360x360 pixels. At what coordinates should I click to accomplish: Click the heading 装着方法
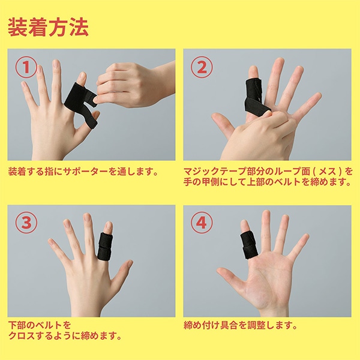pos(48,27)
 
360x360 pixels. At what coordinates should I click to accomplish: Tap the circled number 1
pos(26,67)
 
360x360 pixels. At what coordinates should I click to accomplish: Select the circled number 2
pos(202,67)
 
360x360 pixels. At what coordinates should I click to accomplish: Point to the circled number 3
pos(26,223)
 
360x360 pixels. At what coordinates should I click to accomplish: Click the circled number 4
pos(202,223)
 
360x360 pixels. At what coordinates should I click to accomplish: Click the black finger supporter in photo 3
pos(104,247)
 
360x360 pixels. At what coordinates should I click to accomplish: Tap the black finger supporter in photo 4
pos(249,245)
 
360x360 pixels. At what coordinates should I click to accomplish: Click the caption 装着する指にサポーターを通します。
pos(83,172)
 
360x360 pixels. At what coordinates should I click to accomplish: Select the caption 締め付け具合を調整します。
pos(241,325)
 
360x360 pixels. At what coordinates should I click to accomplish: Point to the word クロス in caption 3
pos(22,335)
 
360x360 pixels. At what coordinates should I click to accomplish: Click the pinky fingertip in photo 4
pos(306,237)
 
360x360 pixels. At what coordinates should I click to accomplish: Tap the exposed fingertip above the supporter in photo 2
pos(253,73)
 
